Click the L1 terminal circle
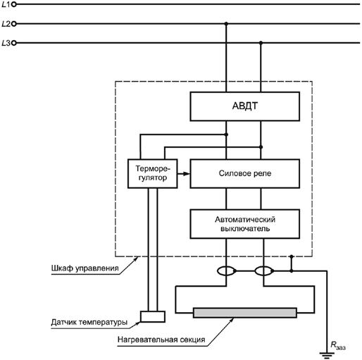pos(14,4)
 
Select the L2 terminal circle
pos(14,24)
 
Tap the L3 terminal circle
pos(14,43)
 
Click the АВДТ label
pos(245,106)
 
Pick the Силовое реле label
pos(245,173)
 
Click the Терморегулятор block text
pos(153,173)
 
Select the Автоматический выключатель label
pos(245,224)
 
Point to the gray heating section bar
pos(245,313)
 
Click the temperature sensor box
pos(153,316)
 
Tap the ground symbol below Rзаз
pos(327,355)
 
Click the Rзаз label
pos(338,345)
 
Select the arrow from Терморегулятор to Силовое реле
pos(184,174)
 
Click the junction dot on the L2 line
pos(226,24)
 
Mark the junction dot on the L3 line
pos(261,43)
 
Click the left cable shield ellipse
pos(226,271)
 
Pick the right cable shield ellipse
pos(264,271)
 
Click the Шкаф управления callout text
pos(85,268)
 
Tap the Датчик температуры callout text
pos(89,322)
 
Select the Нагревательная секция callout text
pos(161,340)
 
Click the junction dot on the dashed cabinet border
pos(292,256)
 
